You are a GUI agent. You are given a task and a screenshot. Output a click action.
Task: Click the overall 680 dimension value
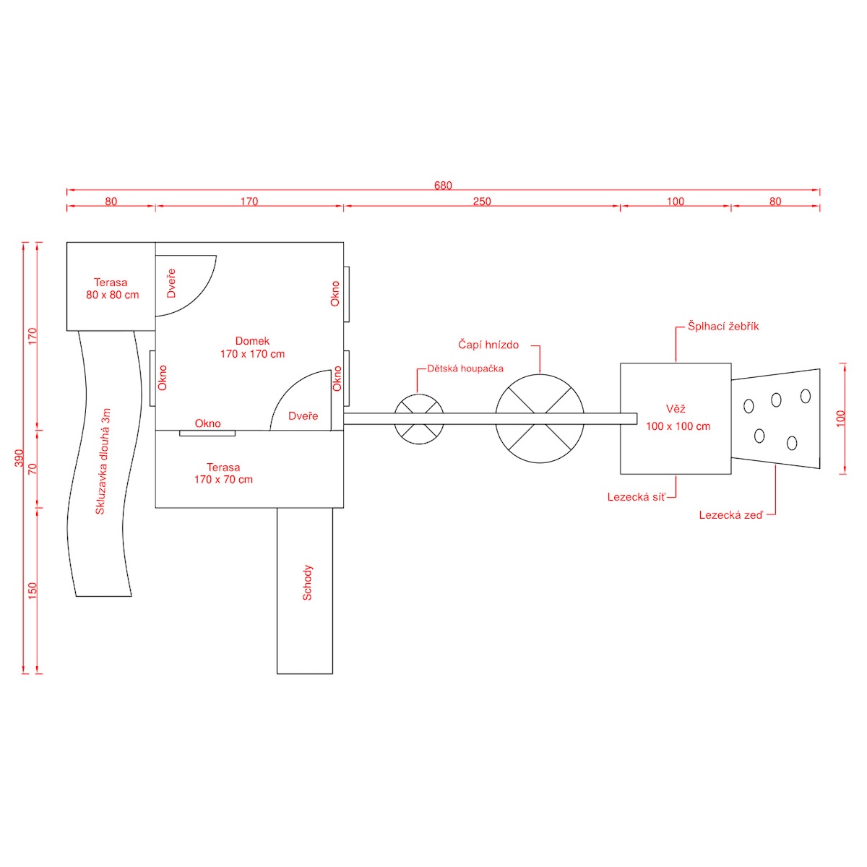pyautogui.click(x=443, y=186)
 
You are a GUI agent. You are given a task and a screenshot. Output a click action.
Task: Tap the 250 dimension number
pyautogui.click(x=482, y=202)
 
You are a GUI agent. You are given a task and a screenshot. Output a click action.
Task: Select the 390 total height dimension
pyautogui.click(x=20, y=458)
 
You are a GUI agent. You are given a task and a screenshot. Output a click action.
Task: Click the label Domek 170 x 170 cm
pyautogui.click(x=252, y=348)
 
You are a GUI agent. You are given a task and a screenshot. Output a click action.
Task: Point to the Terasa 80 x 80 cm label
pyautogui.click(x=112, y=288)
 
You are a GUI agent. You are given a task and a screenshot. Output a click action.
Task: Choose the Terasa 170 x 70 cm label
pyautogui.click(x=223, y=473)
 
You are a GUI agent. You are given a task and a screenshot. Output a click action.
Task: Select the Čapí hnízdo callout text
pyautogui.click(x=488, y=345)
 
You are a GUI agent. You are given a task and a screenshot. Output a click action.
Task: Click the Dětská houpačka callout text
pyautogui.click(x=465, y=368)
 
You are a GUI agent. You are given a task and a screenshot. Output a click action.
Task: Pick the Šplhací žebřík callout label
pyautogui.click(x=723, y=327)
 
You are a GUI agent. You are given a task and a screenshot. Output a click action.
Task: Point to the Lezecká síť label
pyautogui.click(x=636, y=497)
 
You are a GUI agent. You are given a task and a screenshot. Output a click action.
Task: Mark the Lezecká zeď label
pyautogui.click(x=730, y=515)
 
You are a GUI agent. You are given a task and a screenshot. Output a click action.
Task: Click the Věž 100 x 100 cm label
pyautogui.click(x=678, y=418)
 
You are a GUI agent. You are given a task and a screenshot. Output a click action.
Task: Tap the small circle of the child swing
pyautogui.click(x=419, y=419)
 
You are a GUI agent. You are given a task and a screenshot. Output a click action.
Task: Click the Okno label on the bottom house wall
pyautogui.click(x=207, y=423)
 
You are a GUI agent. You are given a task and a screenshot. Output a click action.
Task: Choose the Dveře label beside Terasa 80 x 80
pyautogui.click(x=171, y=283)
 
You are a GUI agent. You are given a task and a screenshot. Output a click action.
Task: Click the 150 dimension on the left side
pyautogui.click(x=32, y=590)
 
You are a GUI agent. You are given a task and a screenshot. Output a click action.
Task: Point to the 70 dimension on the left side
pyautogui.click(x=32, y=468)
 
